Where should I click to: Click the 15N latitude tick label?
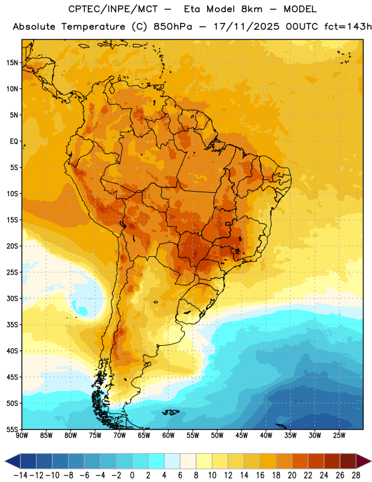[x=12, y=63]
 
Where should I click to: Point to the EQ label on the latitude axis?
[x=14, y=142]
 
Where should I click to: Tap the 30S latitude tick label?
[x=12, y=298]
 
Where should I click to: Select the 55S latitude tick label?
[x=12, y=430]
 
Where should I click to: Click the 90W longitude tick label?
[x=22, y=436]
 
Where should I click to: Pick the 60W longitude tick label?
[x=169, y=436]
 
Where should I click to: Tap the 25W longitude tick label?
[x=339, y=436]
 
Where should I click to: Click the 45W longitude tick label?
[x=241, y=436]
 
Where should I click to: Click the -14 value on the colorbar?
[x=20, y=475]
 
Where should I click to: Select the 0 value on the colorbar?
[x=132, y=475]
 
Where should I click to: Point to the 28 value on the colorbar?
[x=356, y=475]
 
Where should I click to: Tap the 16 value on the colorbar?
[x=260, y=475]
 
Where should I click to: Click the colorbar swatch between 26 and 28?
[x=348, y=461]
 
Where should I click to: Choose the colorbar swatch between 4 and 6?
[x=172, y=461]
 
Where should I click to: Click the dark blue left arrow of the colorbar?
[x=13, y=461]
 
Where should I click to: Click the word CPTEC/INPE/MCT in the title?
[x=113, y=9]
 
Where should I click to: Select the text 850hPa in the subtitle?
[x=173, y=27]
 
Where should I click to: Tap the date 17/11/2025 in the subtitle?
[x=246, y=27]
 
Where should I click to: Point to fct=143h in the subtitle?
[x=348, y=27]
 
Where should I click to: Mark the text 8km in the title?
[x=252, y=9]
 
